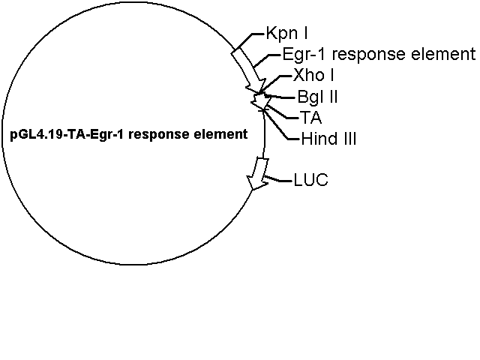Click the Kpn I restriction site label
click(x=286, y=34)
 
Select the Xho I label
click(x=313, y=75)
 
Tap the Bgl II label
click(x=317, y=97)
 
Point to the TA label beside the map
click(x=310, y=118)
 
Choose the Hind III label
click(x=328, y=139)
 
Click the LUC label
click(x=310, y=180)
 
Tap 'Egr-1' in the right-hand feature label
click(x=305, y=55)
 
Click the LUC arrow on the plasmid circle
click(x=259, y=174)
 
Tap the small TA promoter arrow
click(x=261, y=101)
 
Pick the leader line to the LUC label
click(x=278, y=179)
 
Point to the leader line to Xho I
click(x=274, y=82)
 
